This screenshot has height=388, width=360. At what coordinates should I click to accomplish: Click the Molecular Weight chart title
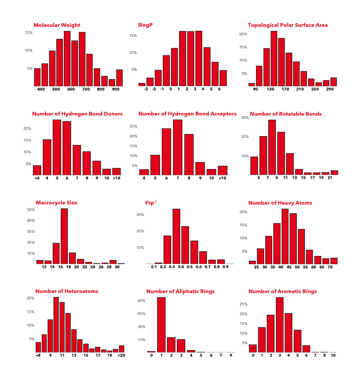(57, 25)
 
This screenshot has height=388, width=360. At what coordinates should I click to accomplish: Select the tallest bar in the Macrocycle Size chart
(64, 236)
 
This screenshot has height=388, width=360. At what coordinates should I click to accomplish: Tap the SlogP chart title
(145, 25)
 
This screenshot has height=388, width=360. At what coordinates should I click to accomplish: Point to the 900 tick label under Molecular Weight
(116, 89)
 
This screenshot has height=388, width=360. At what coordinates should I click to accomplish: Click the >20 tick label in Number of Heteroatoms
(121, 355)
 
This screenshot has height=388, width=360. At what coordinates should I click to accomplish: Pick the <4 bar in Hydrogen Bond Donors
(37, 171)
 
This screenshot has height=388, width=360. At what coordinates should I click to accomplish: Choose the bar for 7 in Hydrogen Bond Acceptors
(178, 147)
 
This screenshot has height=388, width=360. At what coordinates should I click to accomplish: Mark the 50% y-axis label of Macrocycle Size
(31, 210)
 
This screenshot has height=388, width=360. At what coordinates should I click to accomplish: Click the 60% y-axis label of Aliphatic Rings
(141, 301)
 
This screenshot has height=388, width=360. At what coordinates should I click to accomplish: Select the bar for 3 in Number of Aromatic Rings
(280, 325)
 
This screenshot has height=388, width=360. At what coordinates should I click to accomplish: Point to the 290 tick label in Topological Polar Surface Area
(330, 89)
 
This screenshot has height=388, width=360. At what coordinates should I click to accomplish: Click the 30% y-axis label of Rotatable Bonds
(245, 118)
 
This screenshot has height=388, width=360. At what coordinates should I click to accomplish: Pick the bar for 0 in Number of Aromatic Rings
(253, 348)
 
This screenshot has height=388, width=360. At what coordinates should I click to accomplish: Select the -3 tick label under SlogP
(146, 89)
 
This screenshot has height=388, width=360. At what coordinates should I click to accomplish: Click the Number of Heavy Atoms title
(280, 203)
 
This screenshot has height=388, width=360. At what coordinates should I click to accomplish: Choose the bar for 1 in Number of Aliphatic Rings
(161, 325)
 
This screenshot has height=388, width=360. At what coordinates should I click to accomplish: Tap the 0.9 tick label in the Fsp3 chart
(225, 267)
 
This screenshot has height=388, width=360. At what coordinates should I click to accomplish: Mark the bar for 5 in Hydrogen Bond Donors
(57, 147)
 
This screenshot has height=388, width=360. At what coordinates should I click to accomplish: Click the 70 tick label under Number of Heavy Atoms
(330, 267)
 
